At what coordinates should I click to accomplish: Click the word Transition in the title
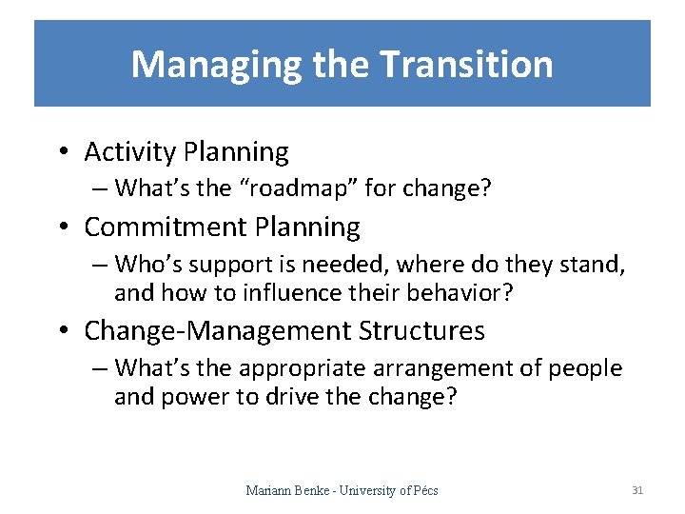[466, 65]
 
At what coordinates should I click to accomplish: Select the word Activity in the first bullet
[131, 152]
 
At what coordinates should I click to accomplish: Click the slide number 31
[637, 490]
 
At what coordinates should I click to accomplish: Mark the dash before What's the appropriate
[100, 368]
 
